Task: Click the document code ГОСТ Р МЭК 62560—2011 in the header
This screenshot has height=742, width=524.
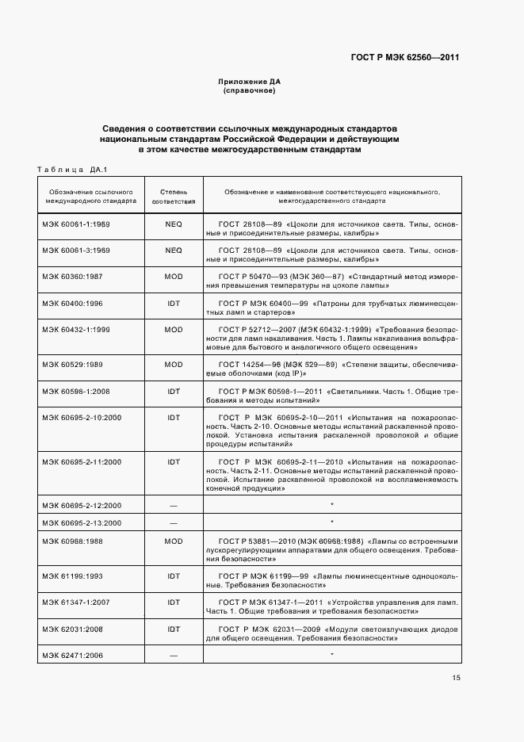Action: (x=404, y=58)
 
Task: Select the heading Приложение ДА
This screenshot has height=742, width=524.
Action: (x=250, y=82)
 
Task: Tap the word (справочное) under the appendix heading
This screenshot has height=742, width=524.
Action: (x=250, y=91)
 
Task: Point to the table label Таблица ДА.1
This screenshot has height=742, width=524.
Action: (x=72, y=168)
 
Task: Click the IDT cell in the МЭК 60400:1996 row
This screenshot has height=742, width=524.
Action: (x=174, y=303)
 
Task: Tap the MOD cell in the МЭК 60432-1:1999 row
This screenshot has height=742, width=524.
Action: (x=174, y=329)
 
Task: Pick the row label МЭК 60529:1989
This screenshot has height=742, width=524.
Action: (x=72, y=363)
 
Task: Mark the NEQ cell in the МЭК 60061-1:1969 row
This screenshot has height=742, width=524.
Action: (x=174, y=224)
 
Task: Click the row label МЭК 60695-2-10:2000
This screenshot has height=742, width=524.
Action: (x=82, y=418)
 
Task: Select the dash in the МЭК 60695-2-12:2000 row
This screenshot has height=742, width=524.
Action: (x=174, y=505)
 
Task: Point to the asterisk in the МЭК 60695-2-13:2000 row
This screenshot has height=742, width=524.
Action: (x=331, y=522)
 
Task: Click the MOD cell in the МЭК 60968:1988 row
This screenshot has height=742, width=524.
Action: (x=174, y=541)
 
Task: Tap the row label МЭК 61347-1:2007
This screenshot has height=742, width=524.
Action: (x=76, y=602)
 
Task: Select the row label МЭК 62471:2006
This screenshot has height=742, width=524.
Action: (x=72, y=656)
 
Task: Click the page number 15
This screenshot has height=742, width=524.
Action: (x=456, y=678)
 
